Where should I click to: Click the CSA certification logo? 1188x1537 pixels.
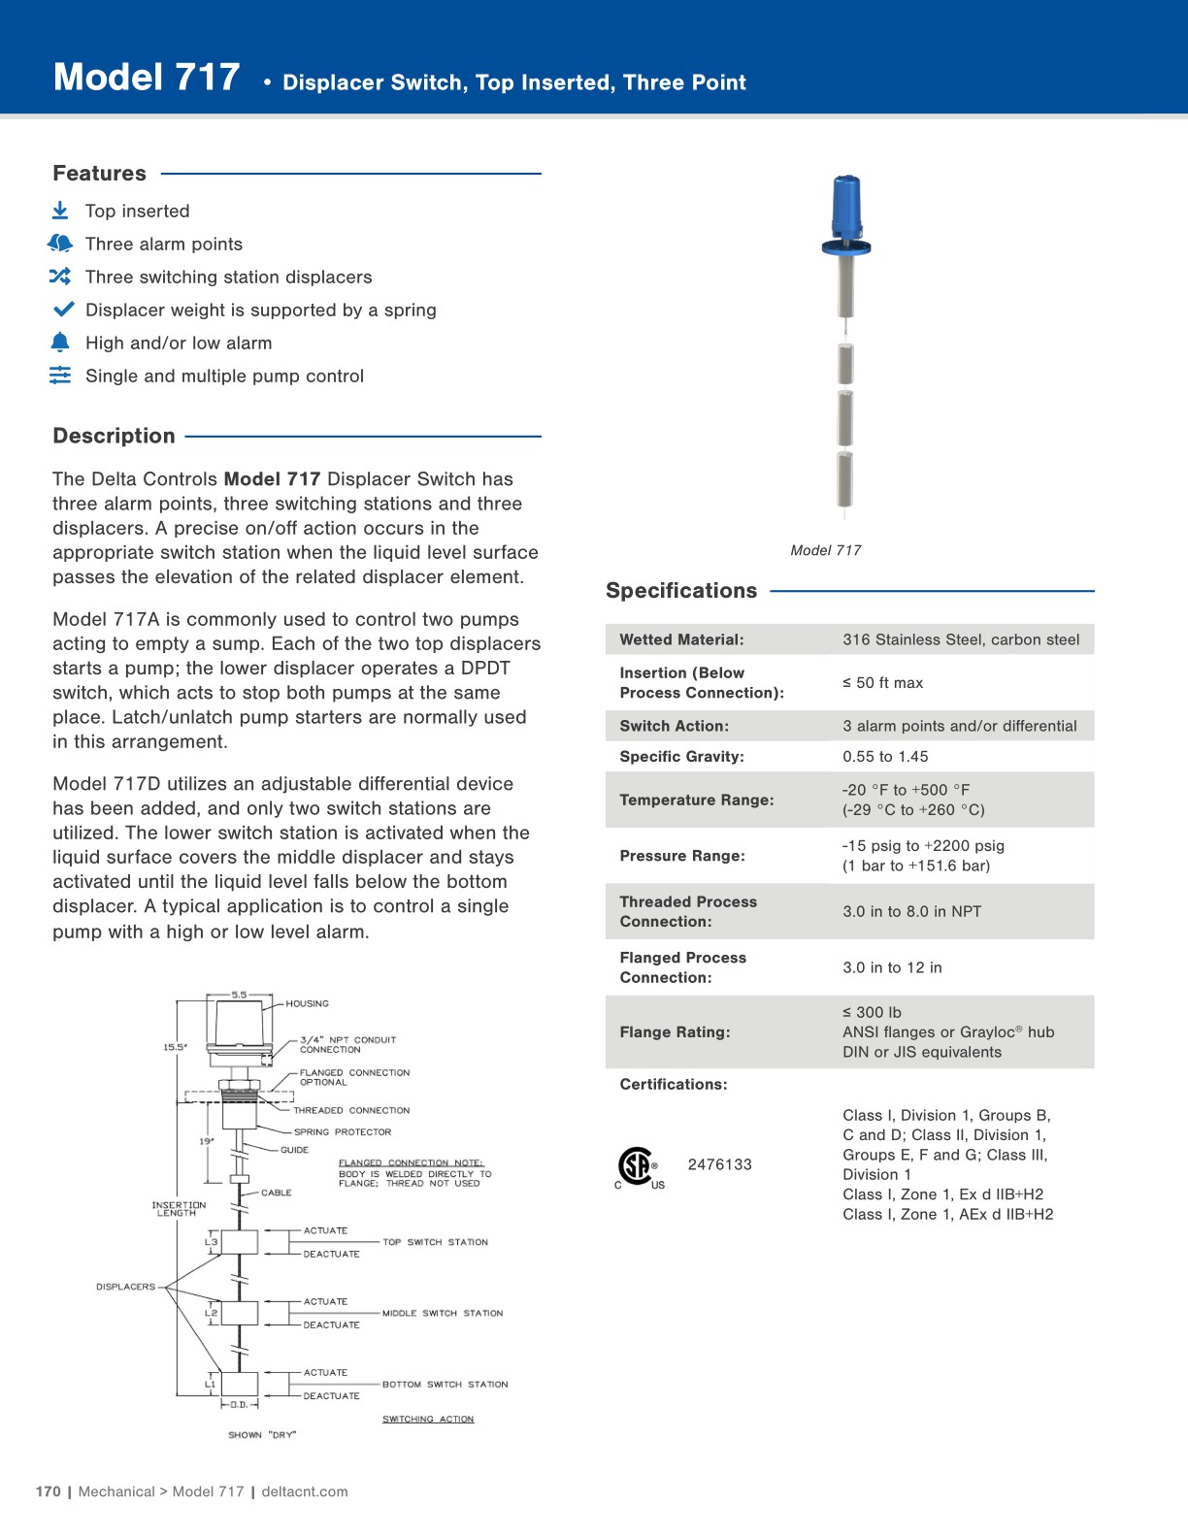click(x=636, y=1165)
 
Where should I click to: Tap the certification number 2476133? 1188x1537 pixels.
click(x=719, y=1164)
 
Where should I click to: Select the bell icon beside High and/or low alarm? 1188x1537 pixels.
click(x=60, y=343)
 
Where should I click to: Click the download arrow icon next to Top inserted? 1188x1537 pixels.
click(x=60, y=211)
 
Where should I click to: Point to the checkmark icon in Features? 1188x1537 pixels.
click(x=63, y=310)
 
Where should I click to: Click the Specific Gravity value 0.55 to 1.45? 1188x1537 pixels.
click(x=884, y=757)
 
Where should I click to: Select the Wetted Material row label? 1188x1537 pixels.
click(x=681, y=639)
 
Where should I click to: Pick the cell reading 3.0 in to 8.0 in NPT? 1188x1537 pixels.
click(x=911, y=911)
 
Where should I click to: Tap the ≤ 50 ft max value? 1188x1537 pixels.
click(x=882, y=683)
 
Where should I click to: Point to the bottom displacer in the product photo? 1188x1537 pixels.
click(x=845, y=479)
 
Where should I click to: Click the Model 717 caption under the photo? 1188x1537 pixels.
click(x=825, y=550)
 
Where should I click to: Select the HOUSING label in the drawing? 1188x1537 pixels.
click(x=307, y=1003)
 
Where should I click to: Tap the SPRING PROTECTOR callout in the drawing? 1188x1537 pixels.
click(x=342, y=1131)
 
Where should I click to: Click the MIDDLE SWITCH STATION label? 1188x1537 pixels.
click(x=443, y=1313)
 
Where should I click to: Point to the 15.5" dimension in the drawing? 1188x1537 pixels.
click(x=175, y=1047)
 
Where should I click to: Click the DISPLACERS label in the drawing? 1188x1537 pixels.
click(x=125, y=1287)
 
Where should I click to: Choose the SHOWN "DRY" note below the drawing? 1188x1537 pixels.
click(x=262, y=1434)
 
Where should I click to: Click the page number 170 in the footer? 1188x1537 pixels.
click(x=48, y=1491)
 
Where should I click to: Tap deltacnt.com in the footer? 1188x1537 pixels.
click(x=305, y=1491)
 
